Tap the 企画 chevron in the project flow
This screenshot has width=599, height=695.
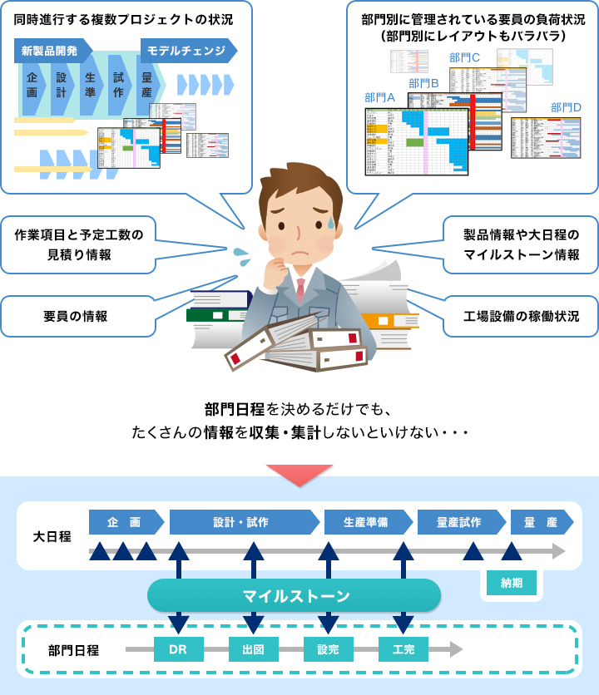pyautogui.click(x=32, y=85)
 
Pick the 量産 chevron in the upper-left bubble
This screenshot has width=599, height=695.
pyautogui.click(x=147, y=85)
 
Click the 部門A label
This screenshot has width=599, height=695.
pyautogui.click(x=379, y=97)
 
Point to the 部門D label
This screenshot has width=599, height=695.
pyautogui.click(x=566, y=107)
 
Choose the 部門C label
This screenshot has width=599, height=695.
pyautogui.click(x=464, y=57)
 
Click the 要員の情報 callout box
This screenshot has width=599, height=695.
pyautogui.click(x=77, y=316)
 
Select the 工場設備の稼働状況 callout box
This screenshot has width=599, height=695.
pyautogui.click(x=521, y=316)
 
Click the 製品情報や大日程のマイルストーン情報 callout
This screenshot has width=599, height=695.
pyautogui.click(x=521, y=244)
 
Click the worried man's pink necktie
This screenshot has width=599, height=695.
pyautogui.click(x=299, y=290)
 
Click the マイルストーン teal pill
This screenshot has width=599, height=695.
pyautogui.click(x=295, y=595)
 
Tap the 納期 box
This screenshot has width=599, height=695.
pyautogui.click(x=512, y=583)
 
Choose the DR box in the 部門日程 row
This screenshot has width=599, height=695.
pyautogui.click(x=178, y=649)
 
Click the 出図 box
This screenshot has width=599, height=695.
pyautogui.click(x=253, y=649)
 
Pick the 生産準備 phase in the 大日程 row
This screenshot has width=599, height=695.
pyautogui.click(x=366, y=522)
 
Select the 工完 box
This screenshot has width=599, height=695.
pyautogui.click(x=403, y=649)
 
